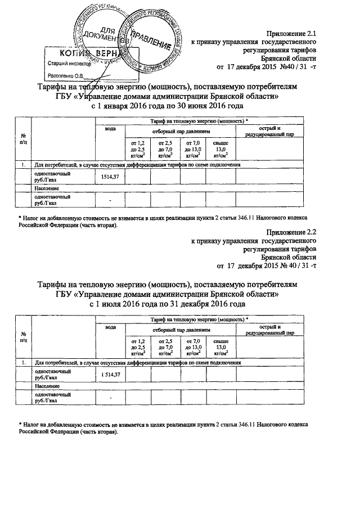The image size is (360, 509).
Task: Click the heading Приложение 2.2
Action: click(290, 231)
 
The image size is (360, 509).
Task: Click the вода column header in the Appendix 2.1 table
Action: click(110, 129)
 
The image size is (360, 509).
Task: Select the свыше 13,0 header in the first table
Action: click(220, 150)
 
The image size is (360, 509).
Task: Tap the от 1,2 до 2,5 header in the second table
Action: click(137, 348)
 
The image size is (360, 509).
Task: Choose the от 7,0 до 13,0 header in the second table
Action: click(192, 348)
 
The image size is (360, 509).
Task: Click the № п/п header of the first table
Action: click(23, 139)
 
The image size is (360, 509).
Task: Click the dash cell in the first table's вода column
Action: click(110, 201)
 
